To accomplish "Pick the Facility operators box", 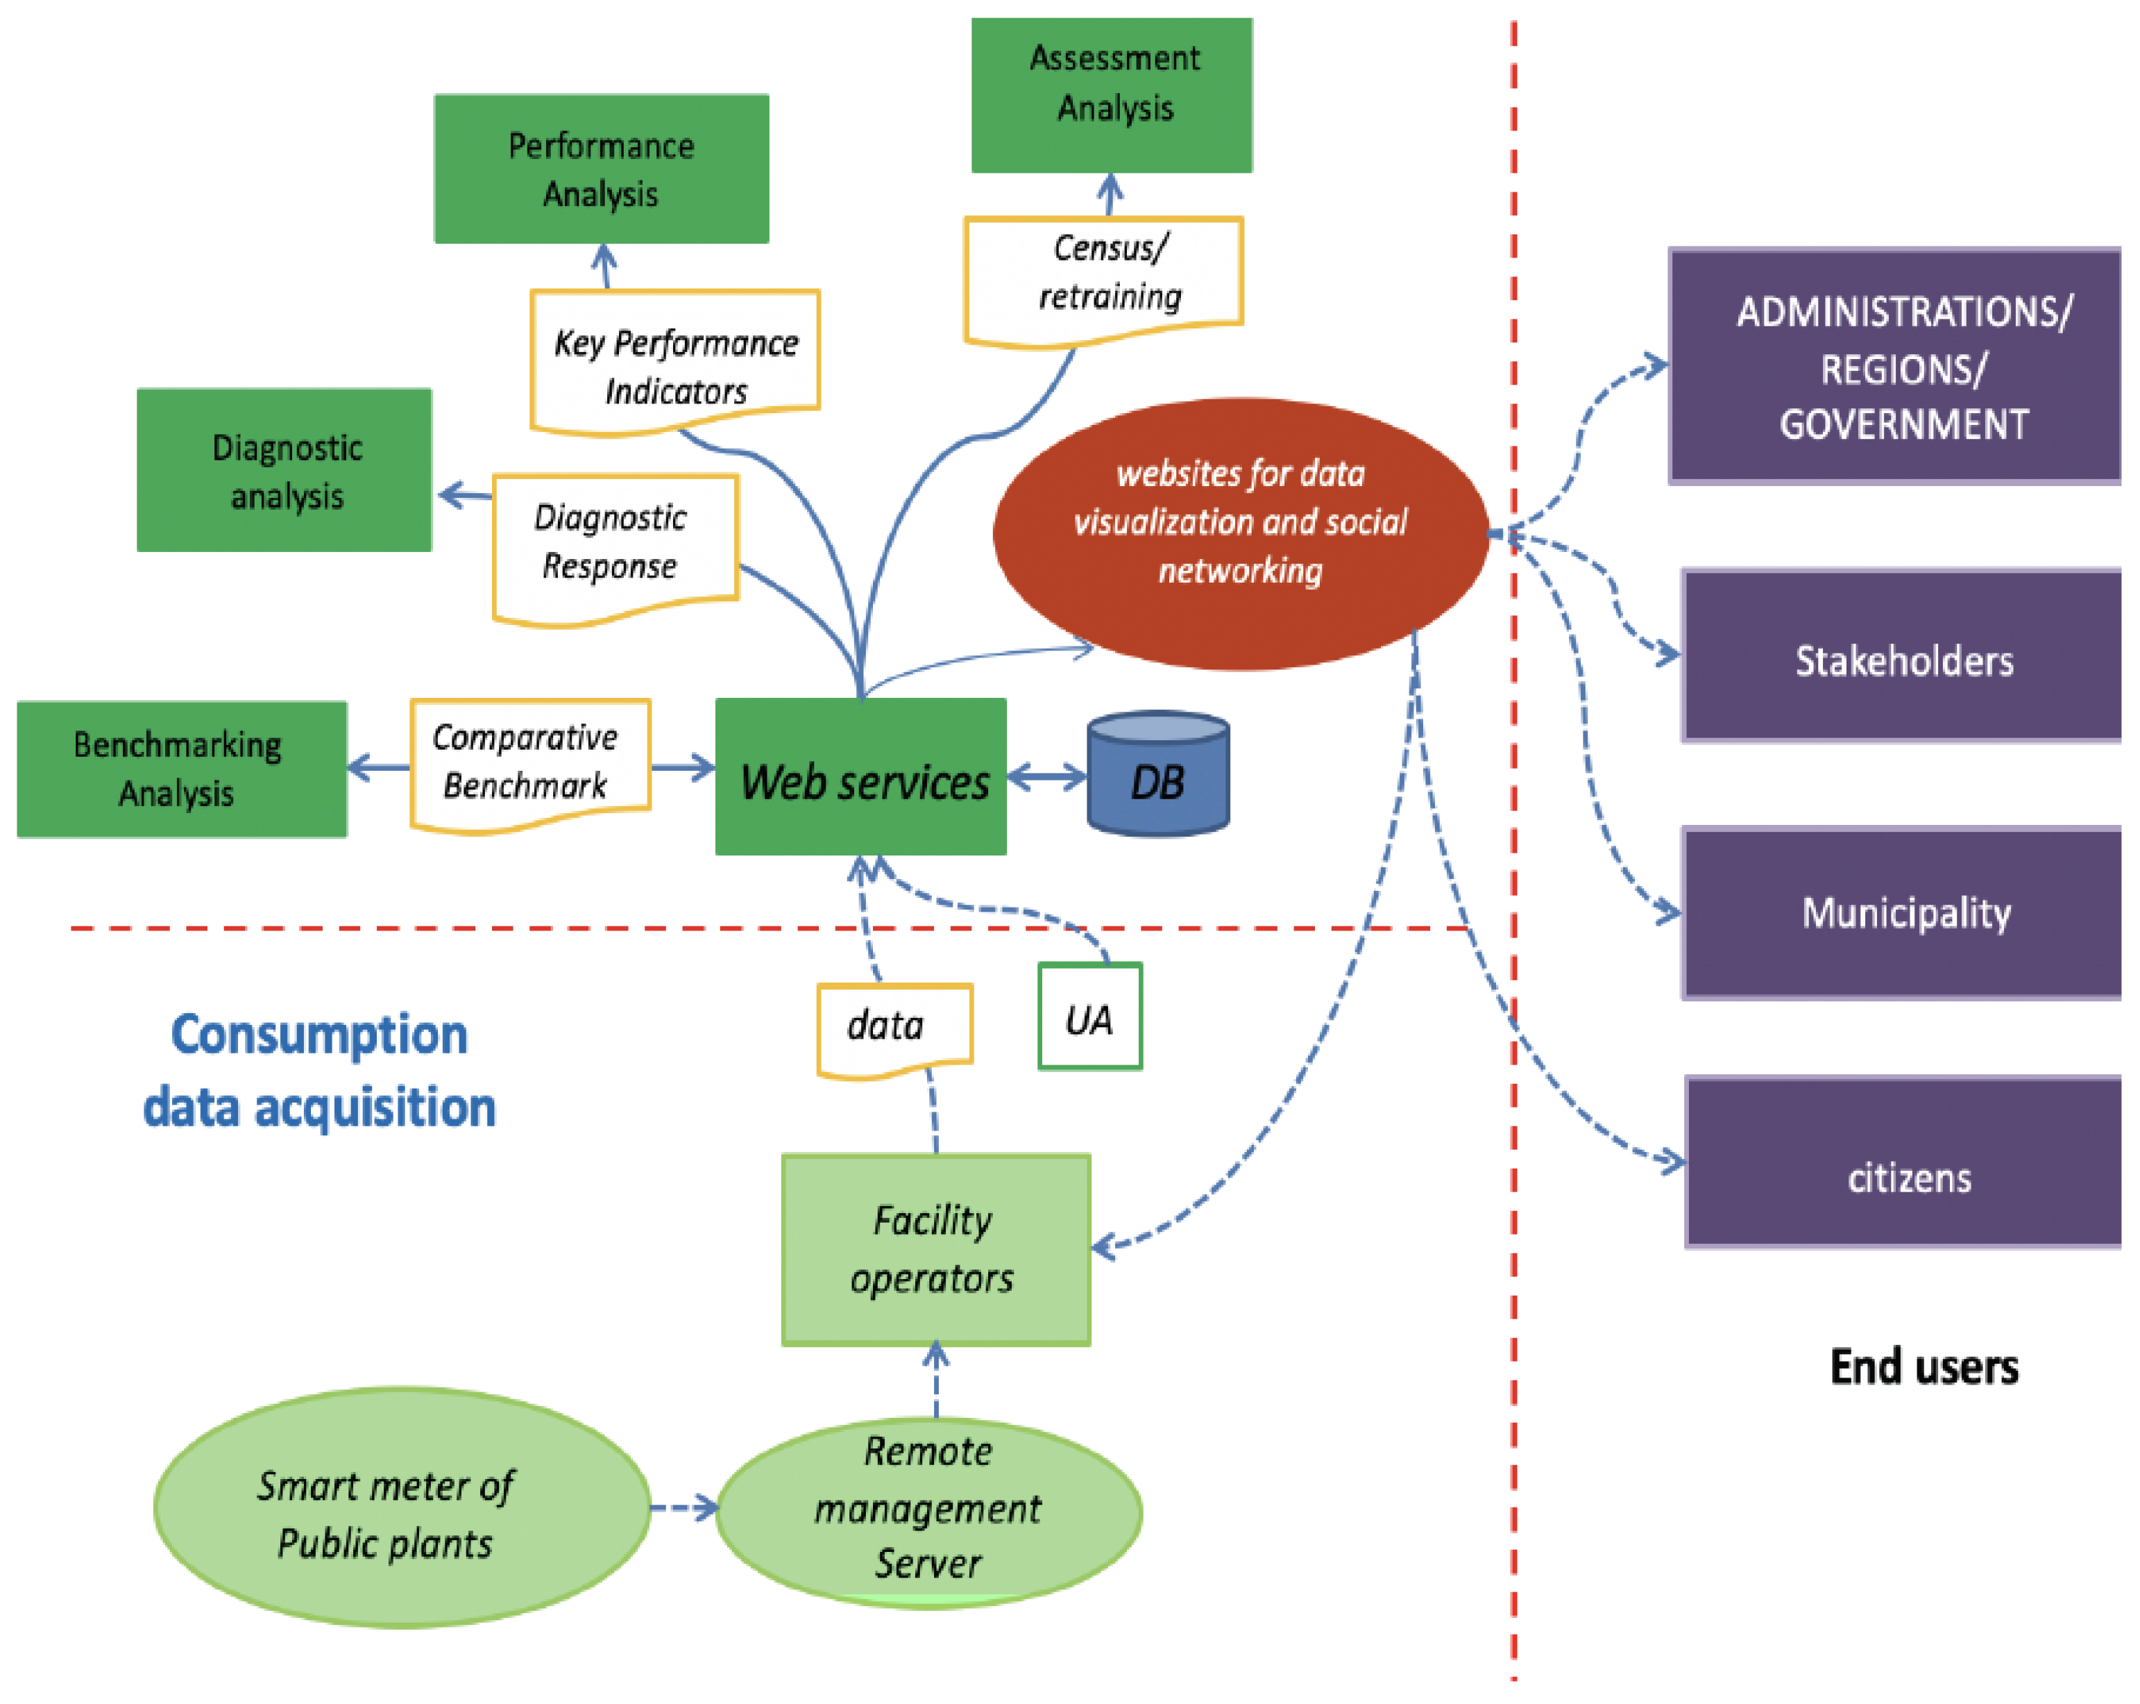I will (935, 1249).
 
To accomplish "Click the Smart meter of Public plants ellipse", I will (402, 1507).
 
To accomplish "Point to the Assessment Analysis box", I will (1112, 94).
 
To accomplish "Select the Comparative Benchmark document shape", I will (530, 760).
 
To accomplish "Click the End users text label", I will (1923, 1367).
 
